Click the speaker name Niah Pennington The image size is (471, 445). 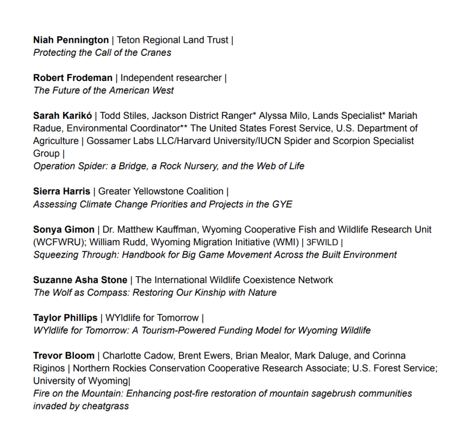tap(71, 40)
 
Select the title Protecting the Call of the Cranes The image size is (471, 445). tap(102, 52)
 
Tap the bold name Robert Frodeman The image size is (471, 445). tap(73, 78)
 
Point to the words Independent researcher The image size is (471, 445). tap(171, 78)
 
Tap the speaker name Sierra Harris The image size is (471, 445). tap(62, 191)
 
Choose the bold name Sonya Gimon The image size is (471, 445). tap(63, 229)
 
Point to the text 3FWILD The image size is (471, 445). tap(322, 242)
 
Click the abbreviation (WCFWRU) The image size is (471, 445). tap(57, 242)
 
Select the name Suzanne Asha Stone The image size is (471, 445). tap(80, 280)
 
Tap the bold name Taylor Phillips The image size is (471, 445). tap(65, 318)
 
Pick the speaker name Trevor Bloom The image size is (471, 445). tap(63, 356)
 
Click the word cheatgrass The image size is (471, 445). tap(106, 406)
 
